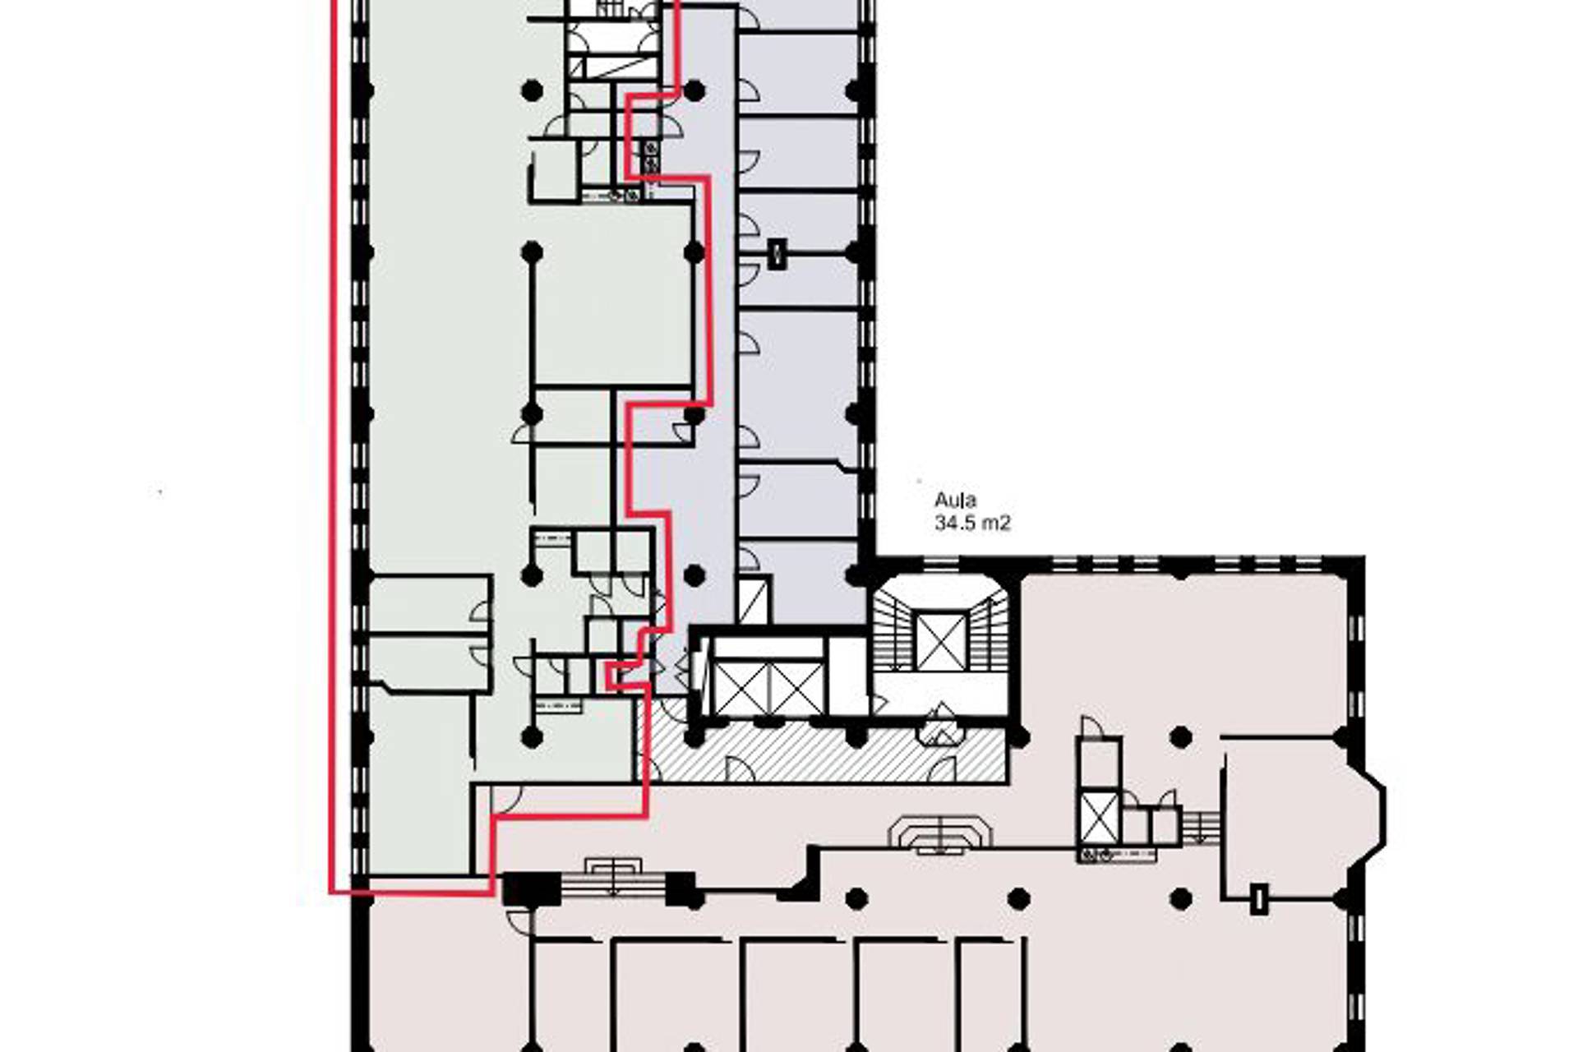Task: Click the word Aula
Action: click(955, 501)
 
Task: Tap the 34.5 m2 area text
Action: click(972, 523)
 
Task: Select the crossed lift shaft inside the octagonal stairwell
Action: click(941, 640)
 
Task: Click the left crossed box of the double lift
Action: click(743, 689)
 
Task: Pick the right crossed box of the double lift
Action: click(796, 689)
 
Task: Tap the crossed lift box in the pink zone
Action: click(1100, 817)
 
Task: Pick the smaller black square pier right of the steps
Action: click(681, 889)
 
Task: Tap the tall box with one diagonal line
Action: click(754, 600)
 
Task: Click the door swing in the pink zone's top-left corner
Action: click(506, 799)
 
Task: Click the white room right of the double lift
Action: click(847, 676)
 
